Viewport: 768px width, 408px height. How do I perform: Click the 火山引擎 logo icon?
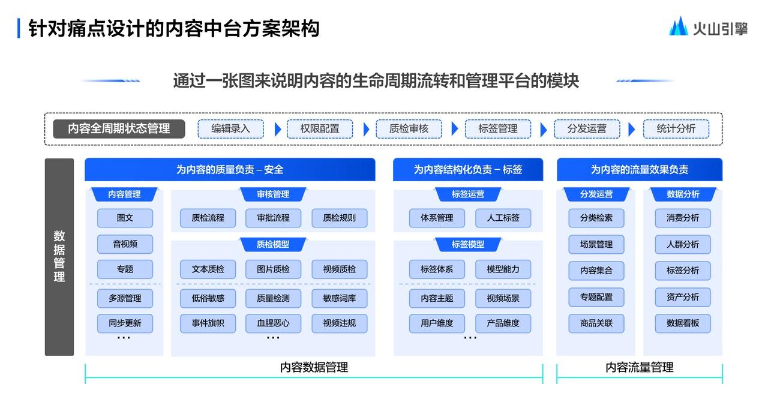tap(678, 26)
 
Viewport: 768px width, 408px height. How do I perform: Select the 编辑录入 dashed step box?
tap(231, 129)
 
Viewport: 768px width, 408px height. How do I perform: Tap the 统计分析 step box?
tap(676, 129)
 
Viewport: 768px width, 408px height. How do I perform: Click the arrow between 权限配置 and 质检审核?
tap(366, 129)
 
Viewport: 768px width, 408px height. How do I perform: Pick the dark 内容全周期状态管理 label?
tap(119, 129)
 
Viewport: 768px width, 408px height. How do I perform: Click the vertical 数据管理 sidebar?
tap(59, 257)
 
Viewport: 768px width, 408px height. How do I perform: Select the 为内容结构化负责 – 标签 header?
tap(468, 169)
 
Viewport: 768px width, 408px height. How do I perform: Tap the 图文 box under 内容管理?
tap(125, 218)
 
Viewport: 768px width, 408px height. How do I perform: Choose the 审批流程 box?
tap(273, 218)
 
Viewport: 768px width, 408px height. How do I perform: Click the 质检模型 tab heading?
tap(273, 244)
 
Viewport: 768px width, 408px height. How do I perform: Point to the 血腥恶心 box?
tap(273, 323)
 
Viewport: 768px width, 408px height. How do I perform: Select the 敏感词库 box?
tap(340, 298)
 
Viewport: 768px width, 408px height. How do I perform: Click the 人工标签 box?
tap(503, 218)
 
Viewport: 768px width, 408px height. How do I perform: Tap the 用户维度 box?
tap(437, 323)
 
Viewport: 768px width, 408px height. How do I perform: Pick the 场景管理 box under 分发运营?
tap(596, 244)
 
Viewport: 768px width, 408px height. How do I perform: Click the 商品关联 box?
tap(596, 323)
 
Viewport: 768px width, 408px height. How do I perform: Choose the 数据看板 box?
tap(683, 323)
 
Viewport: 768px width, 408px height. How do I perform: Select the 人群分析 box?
tap(683, 244)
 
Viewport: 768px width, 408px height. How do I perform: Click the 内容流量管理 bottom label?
tap(640, 368)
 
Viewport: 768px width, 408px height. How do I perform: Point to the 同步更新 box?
tap(125, 323)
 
